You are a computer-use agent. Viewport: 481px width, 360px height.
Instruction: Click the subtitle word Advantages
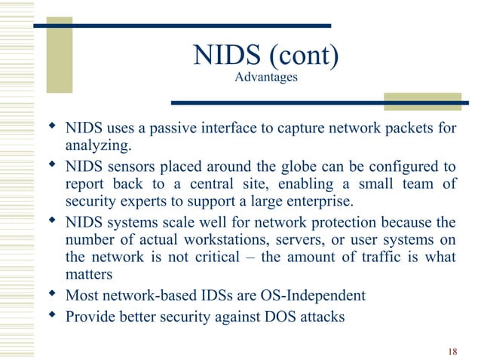click(x=266, y=77)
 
